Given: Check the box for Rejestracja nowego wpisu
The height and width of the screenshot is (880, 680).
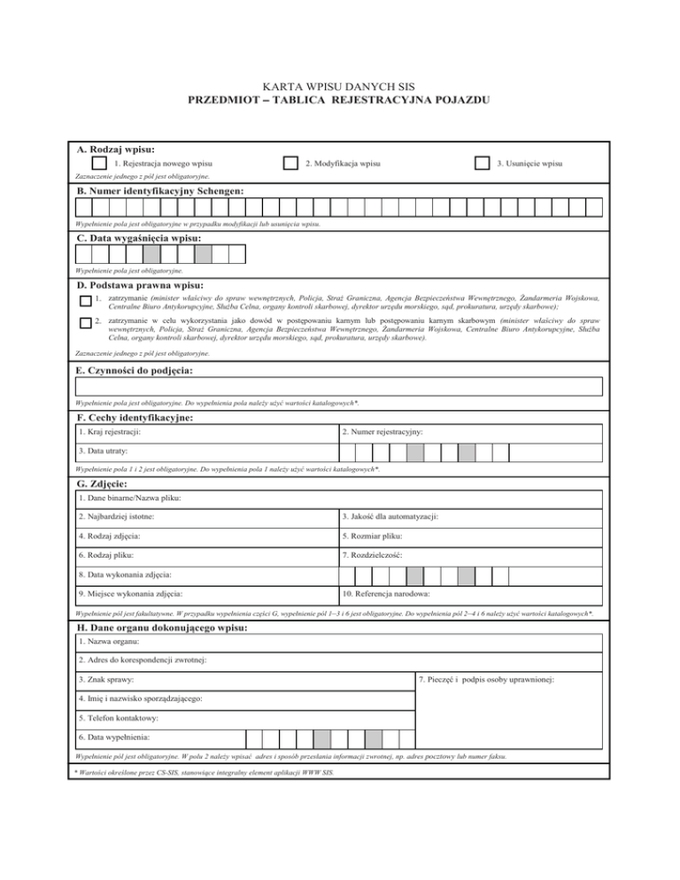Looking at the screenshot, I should click(x=100, y=164).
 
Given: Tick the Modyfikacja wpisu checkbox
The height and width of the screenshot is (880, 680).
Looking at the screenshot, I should click(x=290, y=164).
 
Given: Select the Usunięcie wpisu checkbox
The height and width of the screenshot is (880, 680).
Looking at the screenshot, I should click(x=482, y=164).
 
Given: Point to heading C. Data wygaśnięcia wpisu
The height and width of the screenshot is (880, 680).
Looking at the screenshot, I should click(x=138, y=239).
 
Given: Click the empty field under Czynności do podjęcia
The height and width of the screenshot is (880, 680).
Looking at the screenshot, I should click(x=340, y=386).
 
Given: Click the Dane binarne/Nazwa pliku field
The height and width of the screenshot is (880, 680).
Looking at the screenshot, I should click(x=340, y=499).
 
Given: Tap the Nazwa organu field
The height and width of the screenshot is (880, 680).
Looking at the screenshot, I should click(x=340, y=642).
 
